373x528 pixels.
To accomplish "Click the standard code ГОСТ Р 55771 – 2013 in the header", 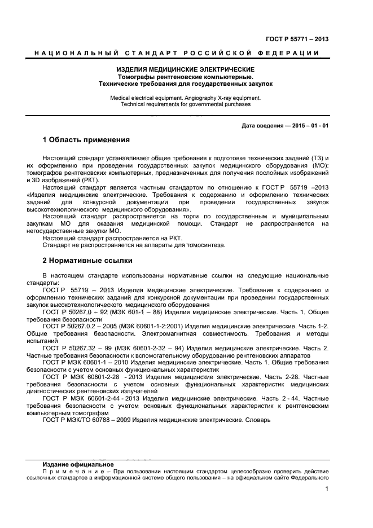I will pos(297,39).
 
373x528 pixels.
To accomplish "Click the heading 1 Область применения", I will pos(86,139).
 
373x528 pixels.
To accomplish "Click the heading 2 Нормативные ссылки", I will pos(87,261).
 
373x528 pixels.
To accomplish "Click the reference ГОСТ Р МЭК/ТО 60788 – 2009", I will pos(83,420).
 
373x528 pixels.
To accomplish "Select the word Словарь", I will pos(257,420).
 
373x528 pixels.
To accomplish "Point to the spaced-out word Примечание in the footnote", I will pos(73,470).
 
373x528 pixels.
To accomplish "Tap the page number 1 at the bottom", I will pos(327,489).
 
